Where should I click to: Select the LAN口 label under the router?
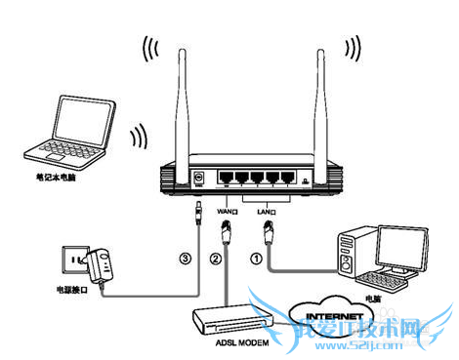pos(267,209)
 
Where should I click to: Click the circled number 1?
pos(256,260)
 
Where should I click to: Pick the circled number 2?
pos(214,260)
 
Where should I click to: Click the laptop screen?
pos(79,122)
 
